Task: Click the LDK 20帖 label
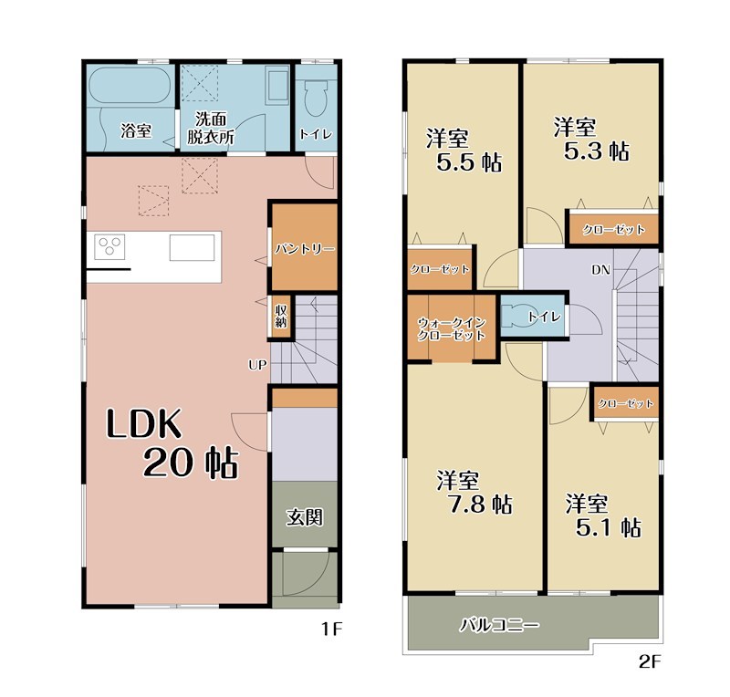tap(172, 443)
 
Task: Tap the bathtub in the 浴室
tap(130, 86)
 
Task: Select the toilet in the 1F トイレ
tap(315, 96)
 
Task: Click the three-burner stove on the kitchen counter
tap(109, 246)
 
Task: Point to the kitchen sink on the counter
tap(192, 247)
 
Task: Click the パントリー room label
tap(305, 249)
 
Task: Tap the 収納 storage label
tap(281, 317)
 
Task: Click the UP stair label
tap(257, 365)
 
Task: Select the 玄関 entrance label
tap(305, 516)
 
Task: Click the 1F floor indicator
tap(332, 629)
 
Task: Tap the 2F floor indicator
tap(650, 662)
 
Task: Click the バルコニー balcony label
tap(500, 625)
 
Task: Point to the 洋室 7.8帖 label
tap(474, 493)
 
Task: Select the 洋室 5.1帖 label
tap(603, 515)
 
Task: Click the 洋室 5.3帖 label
tap(591, 140)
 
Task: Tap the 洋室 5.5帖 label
tap(464, 151)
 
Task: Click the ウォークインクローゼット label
tap(451, 328)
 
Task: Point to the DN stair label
tap(600, 269)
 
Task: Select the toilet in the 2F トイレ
tap(517, 316)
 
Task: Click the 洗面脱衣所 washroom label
tap(211, 128)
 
